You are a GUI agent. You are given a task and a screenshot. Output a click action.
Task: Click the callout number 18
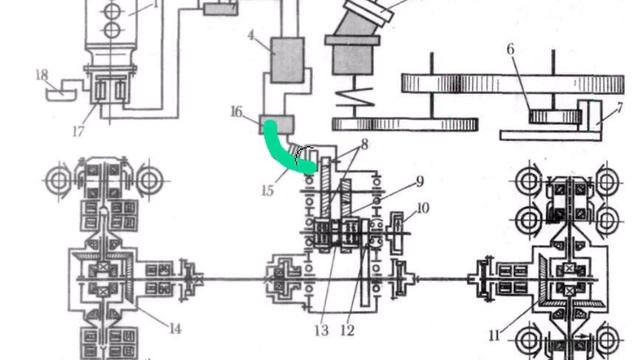(x=42, y=75)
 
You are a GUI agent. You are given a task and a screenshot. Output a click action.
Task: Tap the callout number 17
(x=78, y=131)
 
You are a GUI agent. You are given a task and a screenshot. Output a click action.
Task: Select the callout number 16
(x=236, y=112)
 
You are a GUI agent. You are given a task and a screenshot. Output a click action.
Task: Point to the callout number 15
(x=267, y=190)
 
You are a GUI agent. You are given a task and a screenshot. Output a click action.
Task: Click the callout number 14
(x=175, y=329)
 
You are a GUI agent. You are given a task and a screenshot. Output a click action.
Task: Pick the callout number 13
(x=321, y=330)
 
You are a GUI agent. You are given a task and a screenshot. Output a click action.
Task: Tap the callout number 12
(x=347, y=330)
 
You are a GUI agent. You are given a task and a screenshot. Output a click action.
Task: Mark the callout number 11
(x=494, y=336)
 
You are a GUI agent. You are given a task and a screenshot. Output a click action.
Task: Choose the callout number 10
(x=422, y=208)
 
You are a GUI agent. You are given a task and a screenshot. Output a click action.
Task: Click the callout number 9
(x=420, y=182)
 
